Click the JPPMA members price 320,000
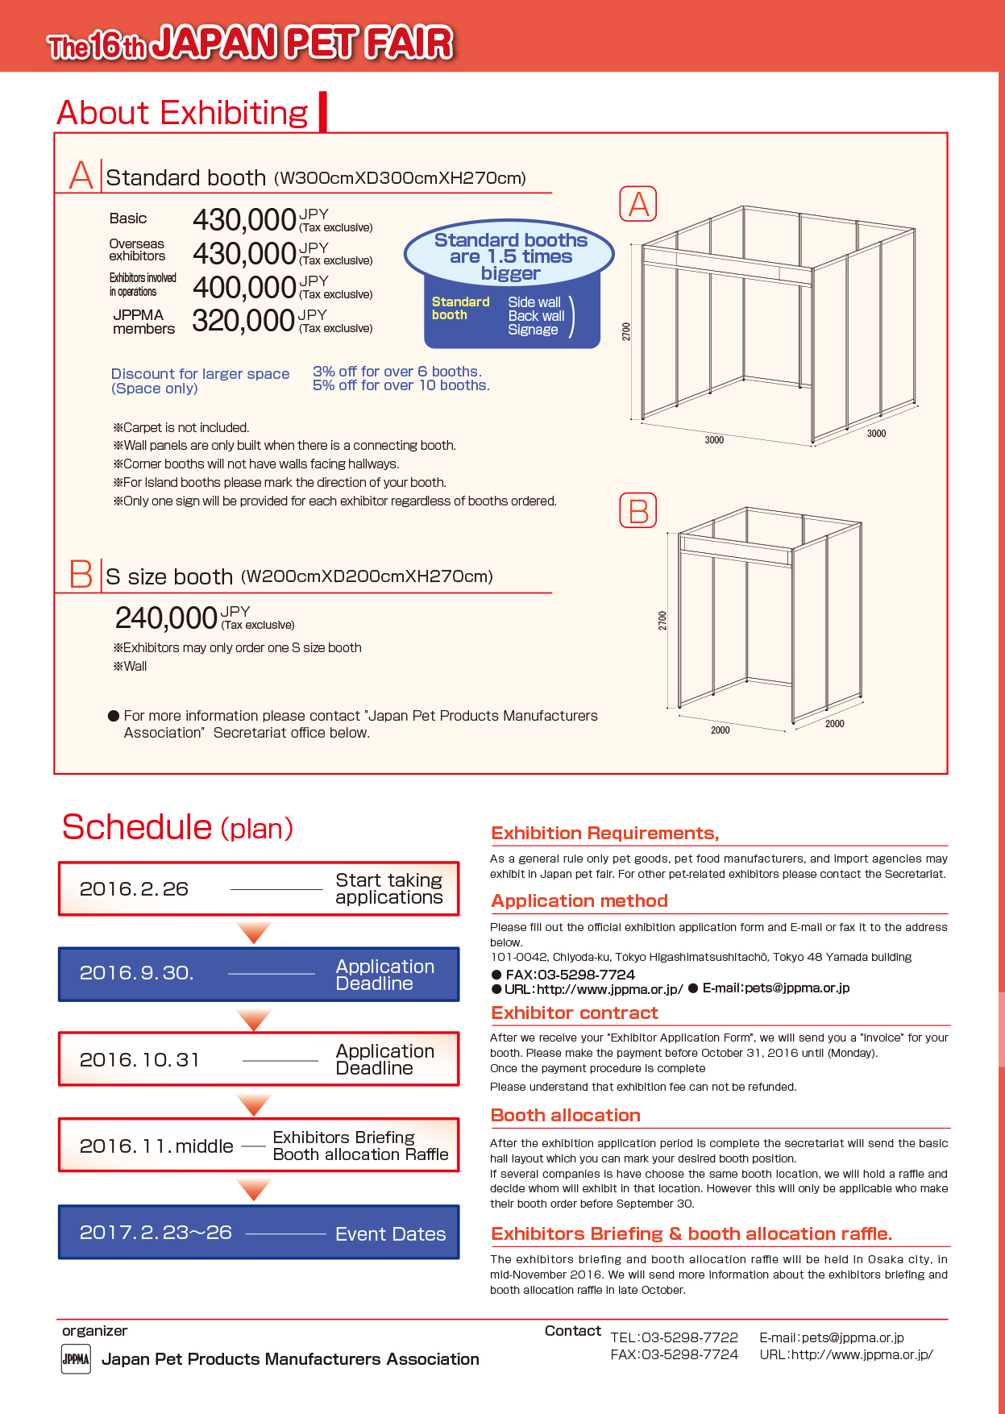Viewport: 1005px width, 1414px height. click(x=243, y=321)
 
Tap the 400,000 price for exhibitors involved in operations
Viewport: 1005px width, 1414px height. click(x=244, y=288)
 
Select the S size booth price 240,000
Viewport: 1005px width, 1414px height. click(x=166, y=618)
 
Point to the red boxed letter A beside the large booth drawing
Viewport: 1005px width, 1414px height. click(x=637, y=204)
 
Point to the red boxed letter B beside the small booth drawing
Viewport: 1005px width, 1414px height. click(x=637, y=511)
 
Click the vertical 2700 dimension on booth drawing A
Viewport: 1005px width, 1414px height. click(x=626, y=331)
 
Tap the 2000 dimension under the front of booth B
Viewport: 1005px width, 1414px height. click(x=720, y=730)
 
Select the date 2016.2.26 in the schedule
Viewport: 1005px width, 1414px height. click(x=134, y=889)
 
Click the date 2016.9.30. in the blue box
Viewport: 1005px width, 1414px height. click(x=136, y=973)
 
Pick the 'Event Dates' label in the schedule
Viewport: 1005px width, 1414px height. click(x=390, y=1234)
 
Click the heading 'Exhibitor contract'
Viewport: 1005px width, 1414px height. click(x=575, y=1013)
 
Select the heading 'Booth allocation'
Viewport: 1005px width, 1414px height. click(x=566, y=1116)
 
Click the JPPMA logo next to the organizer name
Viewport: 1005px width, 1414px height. click(x=76, y=1358)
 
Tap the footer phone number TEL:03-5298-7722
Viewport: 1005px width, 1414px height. click(x=674, y=1337)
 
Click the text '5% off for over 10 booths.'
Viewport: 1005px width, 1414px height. click(x=401, y=385)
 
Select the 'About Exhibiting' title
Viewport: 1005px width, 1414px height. click(x=183, y=113)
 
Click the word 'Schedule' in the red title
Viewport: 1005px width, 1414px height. click(x=136, y=828)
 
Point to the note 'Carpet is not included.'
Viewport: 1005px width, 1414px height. click(x=181, y=427)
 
